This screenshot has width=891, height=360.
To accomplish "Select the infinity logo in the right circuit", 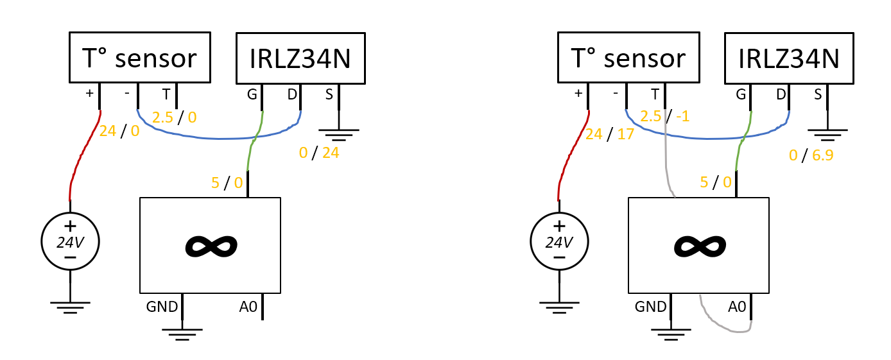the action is [x=700, y=246].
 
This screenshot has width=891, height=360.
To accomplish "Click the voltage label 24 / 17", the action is [x=609, y=135].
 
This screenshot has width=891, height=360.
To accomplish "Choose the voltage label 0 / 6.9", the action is [x=811, y=155].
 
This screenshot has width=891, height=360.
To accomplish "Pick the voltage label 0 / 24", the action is [x=318, y=153].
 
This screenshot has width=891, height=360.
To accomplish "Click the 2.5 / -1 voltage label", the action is [x=664, y=116].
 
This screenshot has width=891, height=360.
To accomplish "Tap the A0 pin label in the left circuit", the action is [x=248, y=307].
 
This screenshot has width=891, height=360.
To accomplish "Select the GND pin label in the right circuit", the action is [x=650, y=307].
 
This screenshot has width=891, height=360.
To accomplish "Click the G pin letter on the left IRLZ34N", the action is [x=252, y=95].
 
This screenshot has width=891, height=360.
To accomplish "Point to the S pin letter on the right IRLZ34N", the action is [x=818, y=95].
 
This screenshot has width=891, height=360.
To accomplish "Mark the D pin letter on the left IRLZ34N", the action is [x=292, y=95].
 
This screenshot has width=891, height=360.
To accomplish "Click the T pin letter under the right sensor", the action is [x=655, y=95].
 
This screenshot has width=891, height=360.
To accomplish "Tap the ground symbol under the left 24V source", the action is [x=70, y=307].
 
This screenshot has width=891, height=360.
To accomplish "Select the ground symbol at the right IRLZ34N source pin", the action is [x=827, y=135].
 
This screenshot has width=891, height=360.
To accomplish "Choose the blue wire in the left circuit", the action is [x=219, y=139].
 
